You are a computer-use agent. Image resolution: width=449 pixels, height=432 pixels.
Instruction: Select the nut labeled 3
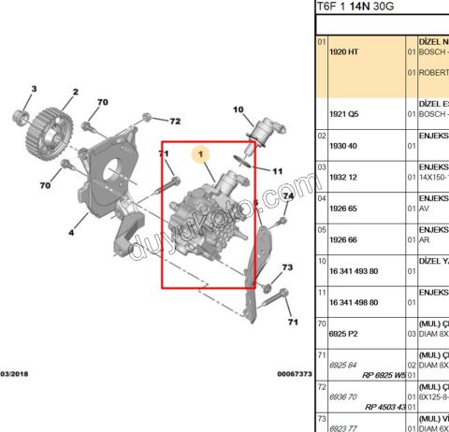coord(19,118)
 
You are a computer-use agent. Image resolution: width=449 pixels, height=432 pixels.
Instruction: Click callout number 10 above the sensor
coord(237,109)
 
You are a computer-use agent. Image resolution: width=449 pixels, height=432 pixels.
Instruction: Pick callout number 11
coord(276,171)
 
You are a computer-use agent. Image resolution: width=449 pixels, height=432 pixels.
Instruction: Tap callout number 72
coord(174,122)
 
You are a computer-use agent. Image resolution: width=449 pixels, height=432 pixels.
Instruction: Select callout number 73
coord(287,268)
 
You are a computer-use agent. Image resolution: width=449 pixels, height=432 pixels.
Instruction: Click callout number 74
coord(288,195)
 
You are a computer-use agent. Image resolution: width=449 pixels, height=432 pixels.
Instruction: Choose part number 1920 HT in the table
coord(344,52)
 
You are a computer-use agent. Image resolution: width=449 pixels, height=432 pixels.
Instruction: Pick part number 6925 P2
coord(344,332)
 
